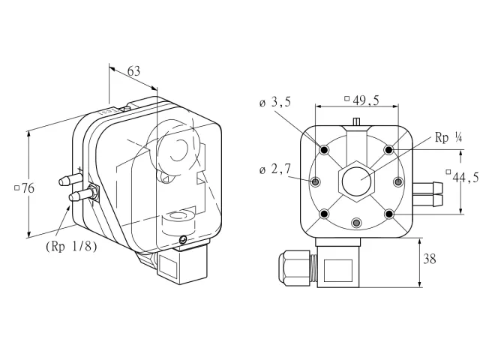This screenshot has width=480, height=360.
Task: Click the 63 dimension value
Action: pyautogui.click(x=133, y=71)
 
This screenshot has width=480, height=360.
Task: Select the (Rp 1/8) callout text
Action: pyautogui.click(x=71, y=247)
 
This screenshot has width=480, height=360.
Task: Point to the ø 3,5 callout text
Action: pyautogui.click(x=275, y=102)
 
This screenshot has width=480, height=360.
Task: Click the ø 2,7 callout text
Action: pyautogui.click(x=275, y=169)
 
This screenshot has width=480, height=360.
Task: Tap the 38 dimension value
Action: pyautogui.click(x=429, y=259)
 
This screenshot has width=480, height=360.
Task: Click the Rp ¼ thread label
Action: pyautogui.click(x=448, y=138)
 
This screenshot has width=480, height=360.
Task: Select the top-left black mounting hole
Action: pyautogui.click(x=324, y=150)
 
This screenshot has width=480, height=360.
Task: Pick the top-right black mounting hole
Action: pyautogui.click(x=388, y=150)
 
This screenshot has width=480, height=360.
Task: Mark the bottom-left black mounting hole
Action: pyautogui.click(x=324, y=214)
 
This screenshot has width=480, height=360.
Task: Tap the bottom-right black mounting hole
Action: pyautogui.click(x=388, y=214)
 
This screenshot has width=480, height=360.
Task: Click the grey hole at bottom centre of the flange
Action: pyautogui.click(x=356, y=223)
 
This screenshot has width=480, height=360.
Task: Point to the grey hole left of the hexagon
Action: pyautogui.click(x=315, y=182)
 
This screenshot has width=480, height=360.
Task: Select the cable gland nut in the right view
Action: pyautogui.click(x=294, y=268)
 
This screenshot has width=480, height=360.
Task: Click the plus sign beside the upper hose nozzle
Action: pyautogui.click(x=80, y=169)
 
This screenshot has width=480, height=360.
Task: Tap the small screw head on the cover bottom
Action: pyautogui.click(x=183, y=239)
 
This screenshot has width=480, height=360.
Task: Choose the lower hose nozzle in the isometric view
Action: pyautogui.click(x=80, y=195)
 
